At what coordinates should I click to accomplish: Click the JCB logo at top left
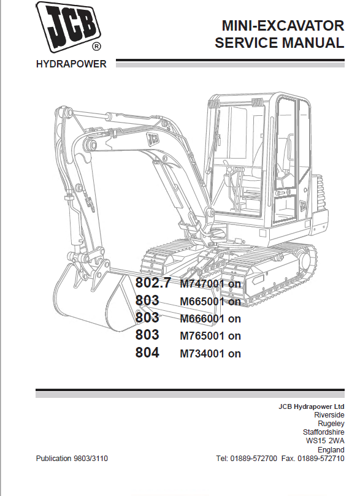pos(68,27)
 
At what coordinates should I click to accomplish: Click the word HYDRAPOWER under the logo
pos(71,64)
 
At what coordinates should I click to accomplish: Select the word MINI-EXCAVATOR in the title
pos(283,26)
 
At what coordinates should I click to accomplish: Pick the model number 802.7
pos(153,282)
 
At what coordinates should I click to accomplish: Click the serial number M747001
pos(202,283)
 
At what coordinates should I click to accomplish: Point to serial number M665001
pos(202,301)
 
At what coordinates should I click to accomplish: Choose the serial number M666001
pos(202,318)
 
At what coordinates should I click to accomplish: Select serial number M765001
pos(202,335)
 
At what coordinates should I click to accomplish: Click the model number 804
pos(147,353)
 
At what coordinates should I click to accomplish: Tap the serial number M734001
pos(202,353)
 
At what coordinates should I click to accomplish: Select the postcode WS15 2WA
pos(325,441)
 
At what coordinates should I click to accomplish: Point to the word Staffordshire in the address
pos(324,432)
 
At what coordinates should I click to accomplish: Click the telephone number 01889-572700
pos(253,459)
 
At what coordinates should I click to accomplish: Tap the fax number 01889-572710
pos(321,459)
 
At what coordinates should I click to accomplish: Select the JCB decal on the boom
pos(153,139)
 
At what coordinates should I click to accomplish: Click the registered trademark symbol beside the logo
pos(96,47)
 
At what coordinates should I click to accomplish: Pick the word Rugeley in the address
pos(331,423)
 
